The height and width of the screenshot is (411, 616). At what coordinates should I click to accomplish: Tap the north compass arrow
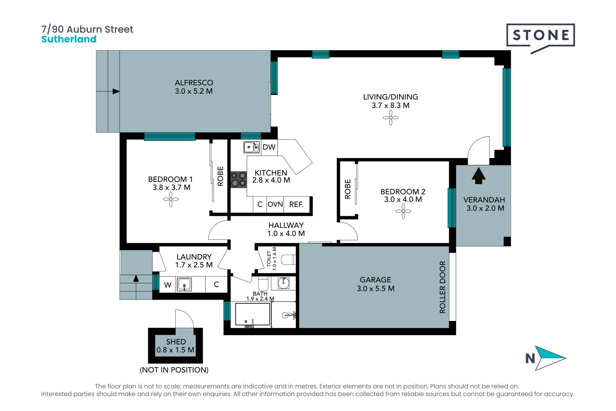coord(550,358)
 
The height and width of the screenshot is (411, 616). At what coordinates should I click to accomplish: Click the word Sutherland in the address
coord(69,39)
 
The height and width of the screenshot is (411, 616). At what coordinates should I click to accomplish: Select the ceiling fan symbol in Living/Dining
coord(390,118)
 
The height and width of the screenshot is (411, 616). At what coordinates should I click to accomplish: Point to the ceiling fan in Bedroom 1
coord(171,199)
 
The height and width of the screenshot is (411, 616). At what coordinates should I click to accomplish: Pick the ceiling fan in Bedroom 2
coord(403,211)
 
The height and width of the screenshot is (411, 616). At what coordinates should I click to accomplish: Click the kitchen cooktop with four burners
coord(238,179)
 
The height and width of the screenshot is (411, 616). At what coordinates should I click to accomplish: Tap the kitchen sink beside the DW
coord(252,147)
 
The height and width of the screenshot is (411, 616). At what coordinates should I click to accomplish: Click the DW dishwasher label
coord(269,147)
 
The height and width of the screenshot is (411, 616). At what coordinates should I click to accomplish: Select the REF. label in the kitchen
coord(296,205)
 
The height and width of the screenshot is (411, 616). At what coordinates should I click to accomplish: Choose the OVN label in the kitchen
coord(275,204)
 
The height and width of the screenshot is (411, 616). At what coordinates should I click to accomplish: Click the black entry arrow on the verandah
coord(478,176)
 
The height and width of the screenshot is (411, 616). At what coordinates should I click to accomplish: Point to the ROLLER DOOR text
coord(442,287)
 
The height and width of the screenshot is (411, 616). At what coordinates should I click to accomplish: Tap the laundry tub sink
coord(184,284)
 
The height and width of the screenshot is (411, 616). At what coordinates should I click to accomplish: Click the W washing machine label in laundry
coord(167,285)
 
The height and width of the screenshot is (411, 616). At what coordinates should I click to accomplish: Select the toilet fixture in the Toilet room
coord(288,259)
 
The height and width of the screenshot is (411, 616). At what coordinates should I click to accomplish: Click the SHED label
coord(176,342)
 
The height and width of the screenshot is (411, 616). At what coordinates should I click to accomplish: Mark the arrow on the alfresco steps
coord(108,92)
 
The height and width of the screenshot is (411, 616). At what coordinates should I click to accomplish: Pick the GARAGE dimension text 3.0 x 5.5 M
coord(376,288)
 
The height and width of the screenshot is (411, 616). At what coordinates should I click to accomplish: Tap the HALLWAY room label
coord(286,225)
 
